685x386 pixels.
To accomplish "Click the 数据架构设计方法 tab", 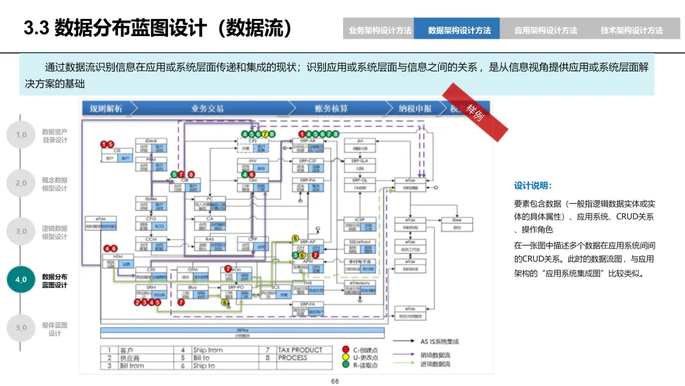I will tap(459, 30).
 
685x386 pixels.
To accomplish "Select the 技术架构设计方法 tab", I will tap(631, 30).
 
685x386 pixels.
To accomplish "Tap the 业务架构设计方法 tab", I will tap(379, 30).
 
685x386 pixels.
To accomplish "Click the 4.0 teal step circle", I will tap(21, 280).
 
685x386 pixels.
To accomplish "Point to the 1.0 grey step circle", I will tap(21, 135).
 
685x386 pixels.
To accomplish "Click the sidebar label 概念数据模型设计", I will tap(55, 184).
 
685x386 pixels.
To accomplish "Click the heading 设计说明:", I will tap(533, 186).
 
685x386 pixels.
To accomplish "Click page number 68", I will tap(335, 381).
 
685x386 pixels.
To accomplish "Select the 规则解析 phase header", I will tap(106, 109).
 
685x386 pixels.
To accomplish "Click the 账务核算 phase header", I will tap(330, 109).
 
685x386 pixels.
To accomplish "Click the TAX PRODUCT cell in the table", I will tap(300, 350).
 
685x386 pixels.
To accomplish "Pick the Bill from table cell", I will tap(132, 366).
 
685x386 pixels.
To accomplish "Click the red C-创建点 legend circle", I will tap(346, 350).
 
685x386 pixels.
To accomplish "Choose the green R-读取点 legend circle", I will tap(346, 365).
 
